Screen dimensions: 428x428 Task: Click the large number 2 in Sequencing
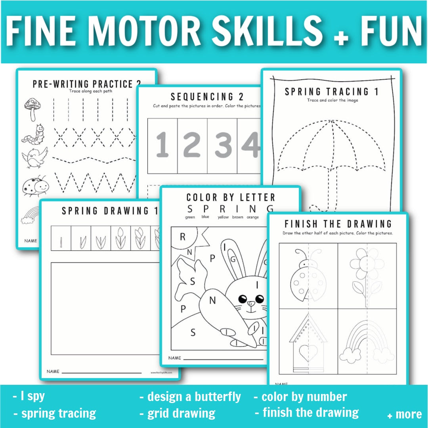[192, 145]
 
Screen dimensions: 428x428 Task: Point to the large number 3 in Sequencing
[223, 145]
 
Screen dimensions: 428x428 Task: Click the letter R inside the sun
[183, 237]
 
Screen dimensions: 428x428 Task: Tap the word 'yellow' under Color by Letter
[223, 217]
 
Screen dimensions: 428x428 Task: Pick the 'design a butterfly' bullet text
[190, 396]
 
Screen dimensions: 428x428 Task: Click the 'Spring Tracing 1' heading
[331, 92]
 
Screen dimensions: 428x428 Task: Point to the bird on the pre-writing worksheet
[34, 158]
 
